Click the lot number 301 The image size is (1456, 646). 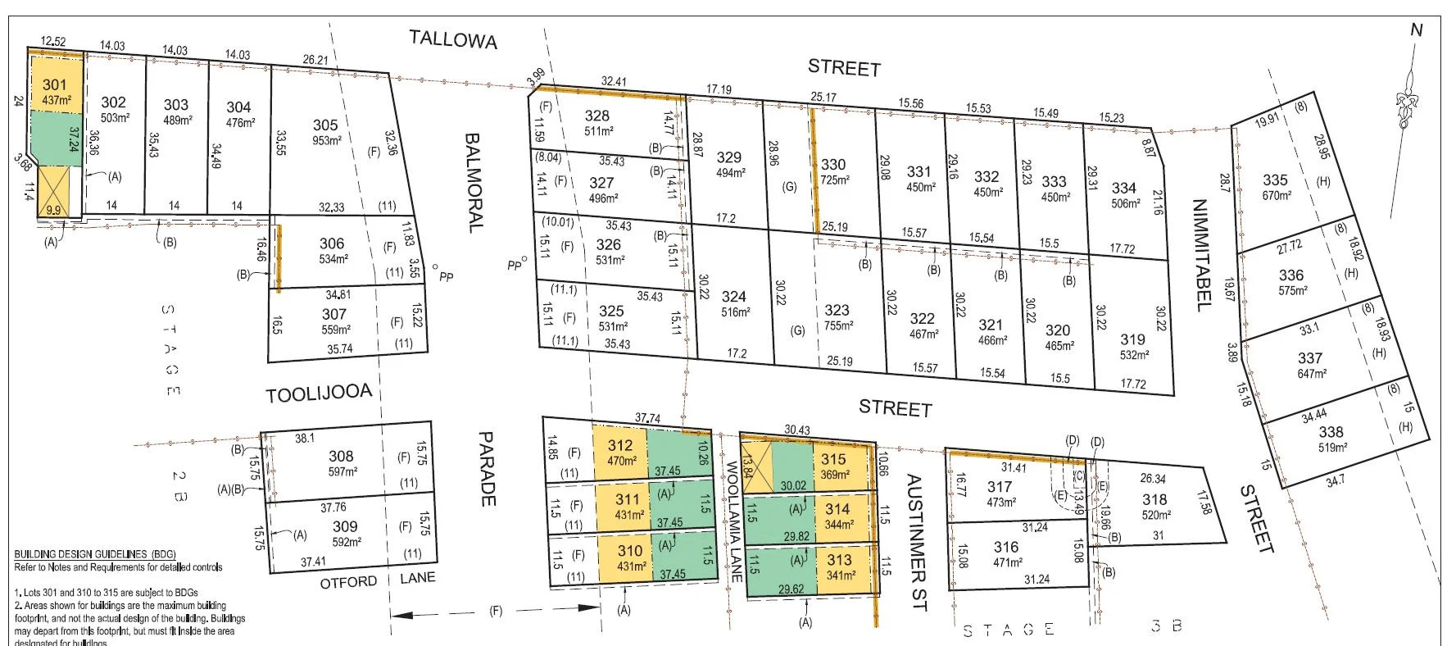(x=55, y=84)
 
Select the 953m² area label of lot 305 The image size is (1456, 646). (x=327, y=140)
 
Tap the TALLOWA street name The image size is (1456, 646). (x=453, y=39)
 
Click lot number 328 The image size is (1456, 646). (x=596, y=116)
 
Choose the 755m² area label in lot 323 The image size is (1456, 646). (x=838, y=325)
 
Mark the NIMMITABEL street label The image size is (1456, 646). (x=1201, y=255)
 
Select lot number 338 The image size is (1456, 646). (x=1331, y=431)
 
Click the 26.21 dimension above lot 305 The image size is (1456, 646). (x=315, y=60)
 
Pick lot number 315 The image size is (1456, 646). (x=833, y=460)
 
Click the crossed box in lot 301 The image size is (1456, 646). (x=54, y=191)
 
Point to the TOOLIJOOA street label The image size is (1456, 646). (x=319, y=394)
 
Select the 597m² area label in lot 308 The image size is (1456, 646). (x=342, y=471)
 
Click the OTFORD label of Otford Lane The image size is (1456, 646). (x=348, y=582)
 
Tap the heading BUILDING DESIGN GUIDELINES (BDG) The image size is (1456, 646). (x=95, y=554)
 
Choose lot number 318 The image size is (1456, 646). (x=1154, y=499)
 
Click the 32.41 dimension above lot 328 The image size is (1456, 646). (x=614, y=81)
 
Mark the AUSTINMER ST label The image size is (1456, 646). (x=917, y=542)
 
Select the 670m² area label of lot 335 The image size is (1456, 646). (x=1277, y=195)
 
